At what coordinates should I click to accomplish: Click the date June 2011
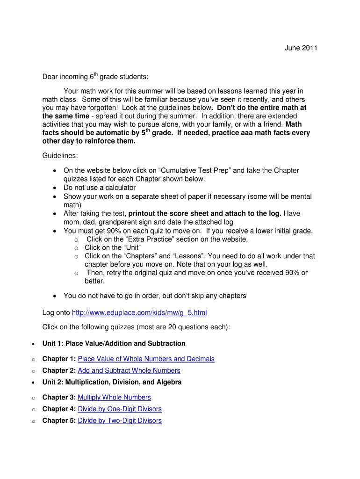pos(301,48)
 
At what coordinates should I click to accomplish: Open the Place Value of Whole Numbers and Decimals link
pos(146,359)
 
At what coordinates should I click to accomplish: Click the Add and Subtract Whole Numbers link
pos(129,370)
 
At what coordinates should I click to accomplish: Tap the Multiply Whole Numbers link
pos(114,397)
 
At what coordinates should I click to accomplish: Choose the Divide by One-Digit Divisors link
pos(120,409)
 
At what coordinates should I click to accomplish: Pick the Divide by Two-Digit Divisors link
pos(120,421)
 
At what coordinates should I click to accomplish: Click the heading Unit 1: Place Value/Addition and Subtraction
pos(114,343)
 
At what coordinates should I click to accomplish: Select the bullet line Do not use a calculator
pos(100,188)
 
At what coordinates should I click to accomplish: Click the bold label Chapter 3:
pos(59,397)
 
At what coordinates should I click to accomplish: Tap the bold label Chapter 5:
pos(59,421)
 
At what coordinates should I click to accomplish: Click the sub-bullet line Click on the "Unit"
pos(113,247)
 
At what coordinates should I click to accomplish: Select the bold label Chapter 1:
pos(59,359)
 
